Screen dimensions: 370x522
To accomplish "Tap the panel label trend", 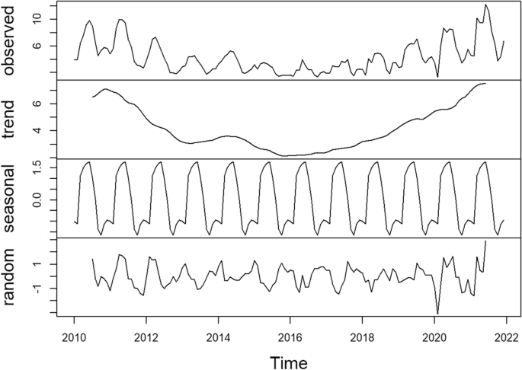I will pyautogui.click(x=10, y=120).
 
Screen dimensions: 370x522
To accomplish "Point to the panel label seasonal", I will pyautogui.click(x=10, y=198).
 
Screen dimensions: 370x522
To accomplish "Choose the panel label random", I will pyautogui.click(x=10, y=277).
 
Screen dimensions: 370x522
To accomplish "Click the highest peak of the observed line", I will pyautogui.click(x=485, y=5).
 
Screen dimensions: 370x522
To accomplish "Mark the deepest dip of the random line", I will pyautogui.click(x=437, y=313).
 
